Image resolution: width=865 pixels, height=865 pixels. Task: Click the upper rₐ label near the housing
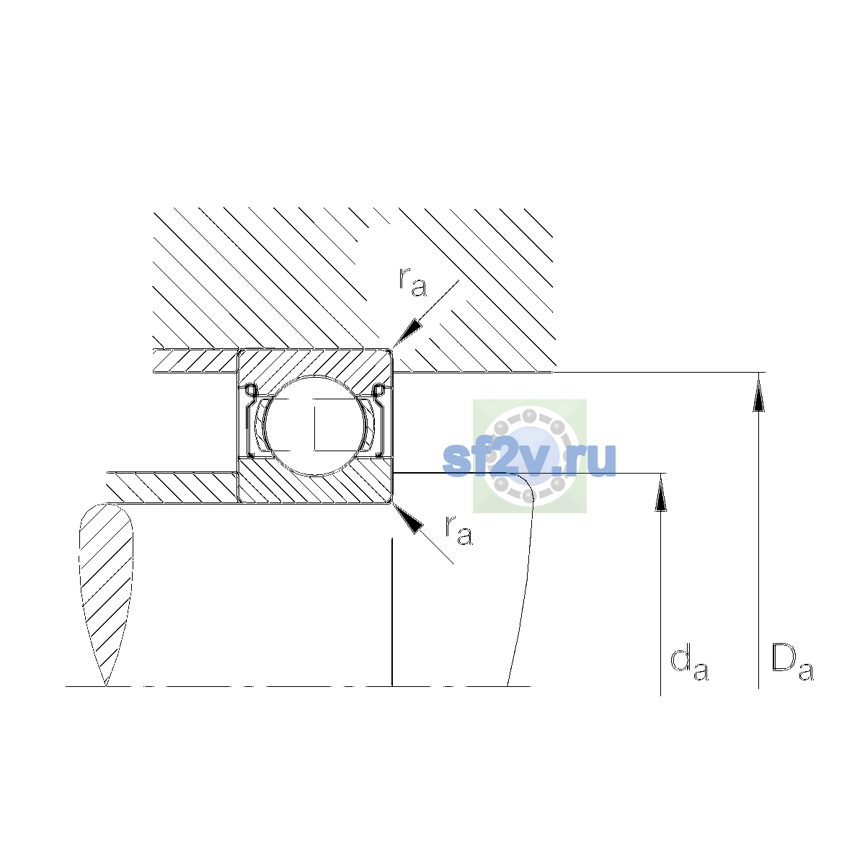[x=412, y=283]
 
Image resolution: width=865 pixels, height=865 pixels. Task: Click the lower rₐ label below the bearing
[x=458, y=531]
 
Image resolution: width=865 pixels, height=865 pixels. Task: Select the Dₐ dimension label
[x=791, y=662]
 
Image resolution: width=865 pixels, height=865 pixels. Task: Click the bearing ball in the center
[x=316, y=425]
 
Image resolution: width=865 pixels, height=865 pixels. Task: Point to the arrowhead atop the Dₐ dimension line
[x=758, y=394]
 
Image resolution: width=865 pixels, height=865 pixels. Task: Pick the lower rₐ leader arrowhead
[x=408, y=517]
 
